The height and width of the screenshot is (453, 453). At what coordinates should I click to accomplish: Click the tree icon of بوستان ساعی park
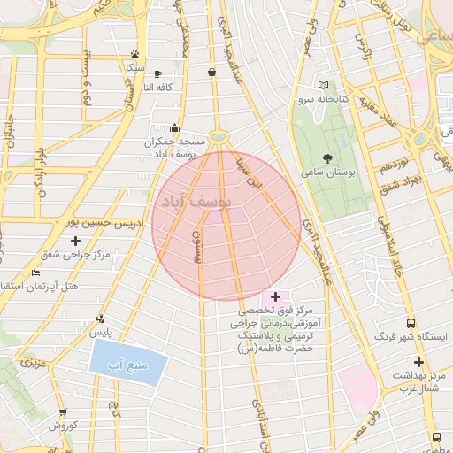[329, 159]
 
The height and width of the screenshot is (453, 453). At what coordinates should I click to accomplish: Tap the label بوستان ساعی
[329, 174]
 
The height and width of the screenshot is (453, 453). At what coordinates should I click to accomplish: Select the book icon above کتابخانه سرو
[322, 87]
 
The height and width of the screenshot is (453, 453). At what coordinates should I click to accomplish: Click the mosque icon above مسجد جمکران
[174, 127]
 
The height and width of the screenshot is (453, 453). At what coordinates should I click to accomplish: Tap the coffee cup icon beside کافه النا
[158, 73]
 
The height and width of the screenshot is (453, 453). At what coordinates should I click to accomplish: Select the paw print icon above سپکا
[134, 54]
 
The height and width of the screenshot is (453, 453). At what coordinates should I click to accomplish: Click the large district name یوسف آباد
[192, 202]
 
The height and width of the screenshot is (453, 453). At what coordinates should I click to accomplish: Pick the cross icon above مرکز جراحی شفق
[75, 241]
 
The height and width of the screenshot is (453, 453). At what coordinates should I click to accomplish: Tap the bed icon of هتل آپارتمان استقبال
[35, 273]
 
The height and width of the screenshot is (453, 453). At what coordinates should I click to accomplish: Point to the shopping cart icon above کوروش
[63, 412]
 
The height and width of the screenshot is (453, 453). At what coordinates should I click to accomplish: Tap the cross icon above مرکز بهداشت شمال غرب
[418, 362]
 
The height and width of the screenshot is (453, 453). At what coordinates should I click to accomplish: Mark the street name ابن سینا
[250, 173]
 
